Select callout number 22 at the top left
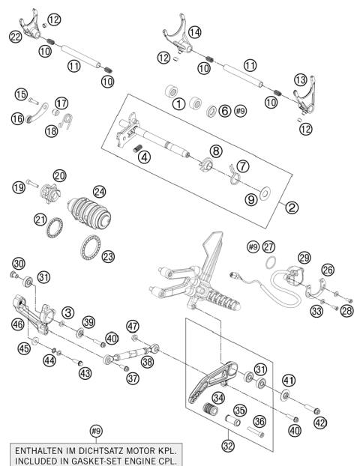coord(16,35)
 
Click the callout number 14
coord(196,32)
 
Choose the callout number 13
coord(300,80)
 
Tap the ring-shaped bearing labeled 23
coord(93,248)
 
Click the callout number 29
coord(304,258)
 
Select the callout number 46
coord(16,324)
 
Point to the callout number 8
coord(216,151)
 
